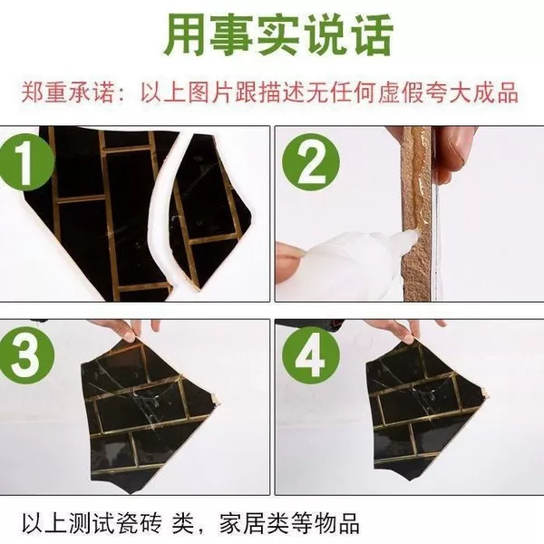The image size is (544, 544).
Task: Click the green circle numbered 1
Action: [26, 162]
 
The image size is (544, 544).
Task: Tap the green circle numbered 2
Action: [310, 162]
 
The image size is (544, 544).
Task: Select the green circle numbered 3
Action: [26, 355]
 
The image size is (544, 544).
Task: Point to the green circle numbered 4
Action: [310, 355]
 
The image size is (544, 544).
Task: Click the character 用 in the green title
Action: [185, 35]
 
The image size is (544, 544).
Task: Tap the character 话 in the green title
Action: [371, 35]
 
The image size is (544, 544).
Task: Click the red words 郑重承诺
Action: [68, 92]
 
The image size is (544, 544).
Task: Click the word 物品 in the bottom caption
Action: [336, 523]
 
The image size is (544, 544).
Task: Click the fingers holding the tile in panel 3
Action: [129, 330]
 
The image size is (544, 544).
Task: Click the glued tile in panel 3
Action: [150, 416]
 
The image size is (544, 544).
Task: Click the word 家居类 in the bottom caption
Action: [254, 523]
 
